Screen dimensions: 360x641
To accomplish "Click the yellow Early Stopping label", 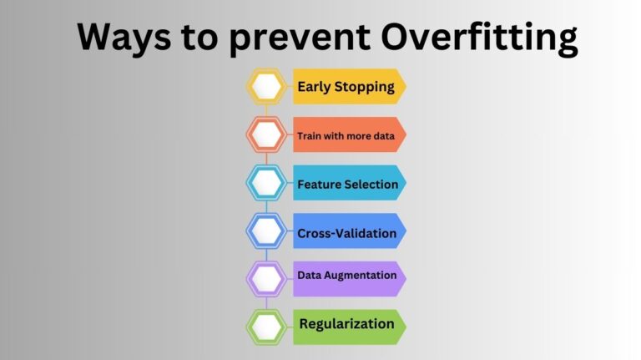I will click(x=346, y=86).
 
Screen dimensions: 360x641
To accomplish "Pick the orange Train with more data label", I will click(x=346, y=134).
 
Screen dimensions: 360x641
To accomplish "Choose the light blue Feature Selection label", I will click(x=347, y=183).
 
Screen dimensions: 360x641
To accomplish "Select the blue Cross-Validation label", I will click(x=347, y=232).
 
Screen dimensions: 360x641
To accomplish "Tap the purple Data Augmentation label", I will click(x=346, y=275).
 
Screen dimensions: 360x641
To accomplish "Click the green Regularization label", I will click(x=346, y=323).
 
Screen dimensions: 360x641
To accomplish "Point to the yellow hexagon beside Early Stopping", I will click(x=267, y=86).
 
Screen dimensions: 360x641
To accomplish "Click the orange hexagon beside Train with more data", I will click(x=267, y=134).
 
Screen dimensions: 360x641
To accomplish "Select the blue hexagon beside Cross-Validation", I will click(x=267, y=231).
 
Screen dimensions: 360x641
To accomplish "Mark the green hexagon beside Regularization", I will click(x=267, y=327).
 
